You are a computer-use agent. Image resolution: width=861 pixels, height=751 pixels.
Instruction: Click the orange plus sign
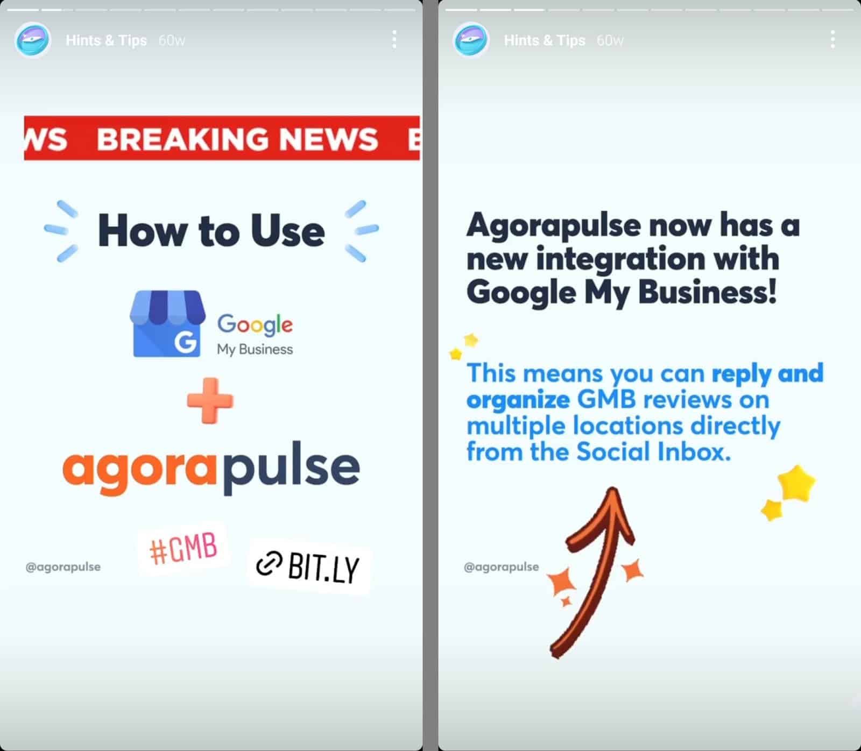click(210, 400)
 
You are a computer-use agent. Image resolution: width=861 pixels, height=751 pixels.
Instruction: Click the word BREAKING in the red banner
click(182, 139)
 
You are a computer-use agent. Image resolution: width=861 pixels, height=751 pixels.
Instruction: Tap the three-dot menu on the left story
click(394, 40)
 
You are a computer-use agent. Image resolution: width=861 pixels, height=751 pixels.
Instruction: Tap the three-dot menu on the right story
click(832, 40)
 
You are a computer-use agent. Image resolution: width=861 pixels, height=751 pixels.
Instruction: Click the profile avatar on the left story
click(33, 40)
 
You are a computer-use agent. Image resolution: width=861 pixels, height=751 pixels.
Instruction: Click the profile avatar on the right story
click(471, 40)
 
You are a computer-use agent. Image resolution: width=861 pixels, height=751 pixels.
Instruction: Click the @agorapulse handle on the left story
click(63, 567)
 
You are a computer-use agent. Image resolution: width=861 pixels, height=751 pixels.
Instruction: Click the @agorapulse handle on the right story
click(501, 567)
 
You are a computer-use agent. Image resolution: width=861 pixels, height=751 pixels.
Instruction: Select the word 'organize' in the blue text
click(518, 401)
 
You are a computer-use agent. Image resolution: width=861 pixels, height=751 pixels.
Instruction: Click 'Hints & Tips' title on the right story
click(545, 40)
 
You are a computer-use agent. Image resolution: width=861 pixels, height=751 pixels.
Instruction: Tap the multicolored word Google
click(255, 324)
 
